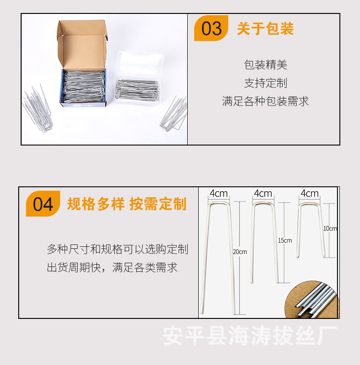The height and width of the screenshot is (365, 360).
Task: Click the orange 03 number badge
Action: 211,28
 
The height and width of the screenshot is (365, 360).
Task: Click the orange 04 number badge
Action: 43,204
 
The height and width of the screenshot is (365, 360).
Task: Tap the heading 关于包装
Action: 265,29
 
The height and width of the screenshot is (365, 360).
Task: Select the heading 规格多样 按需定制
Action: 126,204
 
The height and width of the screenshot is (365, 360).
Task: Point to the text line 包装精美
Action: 265,65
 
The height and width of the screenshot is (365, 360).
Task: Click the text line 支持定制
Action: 265,83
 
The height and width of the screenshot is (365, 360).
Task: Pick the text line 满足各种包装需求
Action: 265,101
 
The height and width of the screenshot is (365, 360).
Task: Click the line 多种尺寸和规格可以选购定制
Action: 117,249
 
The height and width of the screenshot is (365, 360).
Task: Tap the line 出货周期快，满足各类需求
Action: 112,268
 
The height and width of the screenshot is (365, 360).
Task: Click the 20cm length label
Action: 240,252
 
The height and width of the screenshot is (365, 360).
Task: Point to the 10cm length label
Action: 330,229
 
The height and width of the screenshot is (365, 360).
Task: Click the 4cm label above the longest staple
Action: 218,194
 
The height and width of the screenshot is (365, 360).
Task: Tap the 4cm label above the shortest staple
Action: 310,194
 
